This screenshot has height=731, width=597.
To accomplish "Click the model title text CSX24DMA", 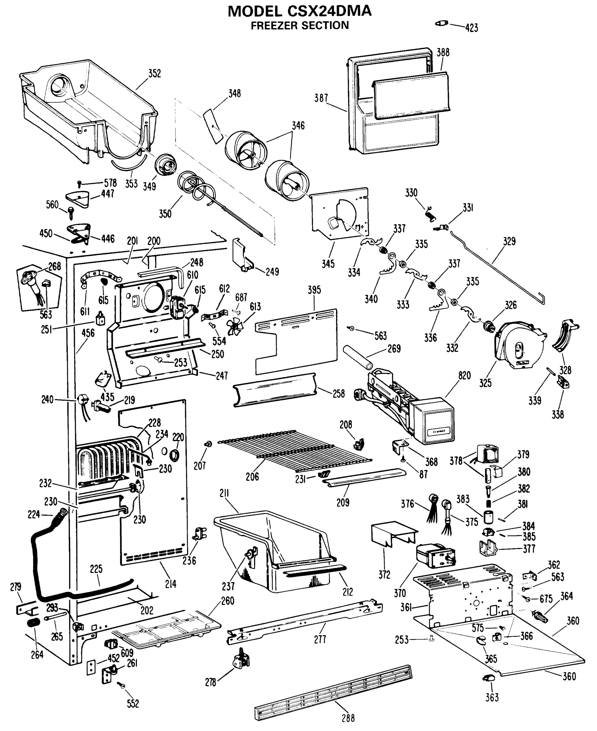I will click(x=329, y=11).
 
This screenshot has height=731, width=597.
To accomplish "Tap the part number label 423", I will click(x=471, y=28).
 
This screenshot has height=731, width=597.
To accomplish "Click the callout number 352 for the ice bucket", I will click(x=155, y=73).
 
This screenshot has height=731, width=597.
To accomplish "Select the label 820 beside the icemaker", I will click(x=464, y=376).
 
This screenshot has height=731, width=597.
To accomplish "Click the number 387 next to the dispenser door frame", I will click(x=321, y=98).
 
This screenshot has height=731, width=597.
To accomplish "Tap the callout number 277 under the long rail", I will click(x=320, y=639).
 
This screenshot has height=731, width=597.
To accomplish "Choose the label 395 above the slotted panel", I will click(x=314, y=290).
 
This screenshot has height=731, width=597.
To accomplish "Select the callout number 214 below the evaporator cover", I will click(x=171, y=584).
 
